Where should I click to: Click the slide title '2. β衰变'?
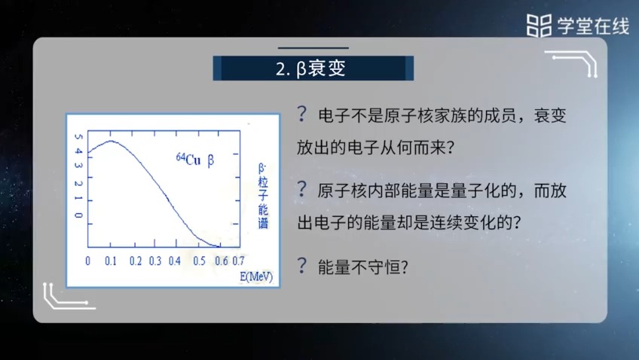313,69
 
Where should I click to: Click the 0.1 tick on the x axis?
112,261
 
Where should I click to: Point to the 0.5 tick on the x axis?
199,261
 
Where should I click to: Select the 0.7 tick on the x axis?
237,261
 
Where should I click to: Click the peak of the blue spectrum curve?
111,141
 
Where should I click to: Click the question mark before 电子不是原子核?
302,114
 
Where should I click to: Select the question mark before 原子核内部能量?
302,189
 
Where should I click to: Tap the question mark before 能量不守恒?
302,265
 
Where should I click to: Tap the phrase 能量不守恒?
357,267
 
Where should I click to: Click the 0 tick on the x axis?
87,261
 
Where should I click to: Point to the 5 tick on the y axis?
78,137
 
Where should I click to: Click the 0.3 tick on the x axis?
155,261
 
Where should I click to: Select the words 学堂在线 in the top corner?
592,26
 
